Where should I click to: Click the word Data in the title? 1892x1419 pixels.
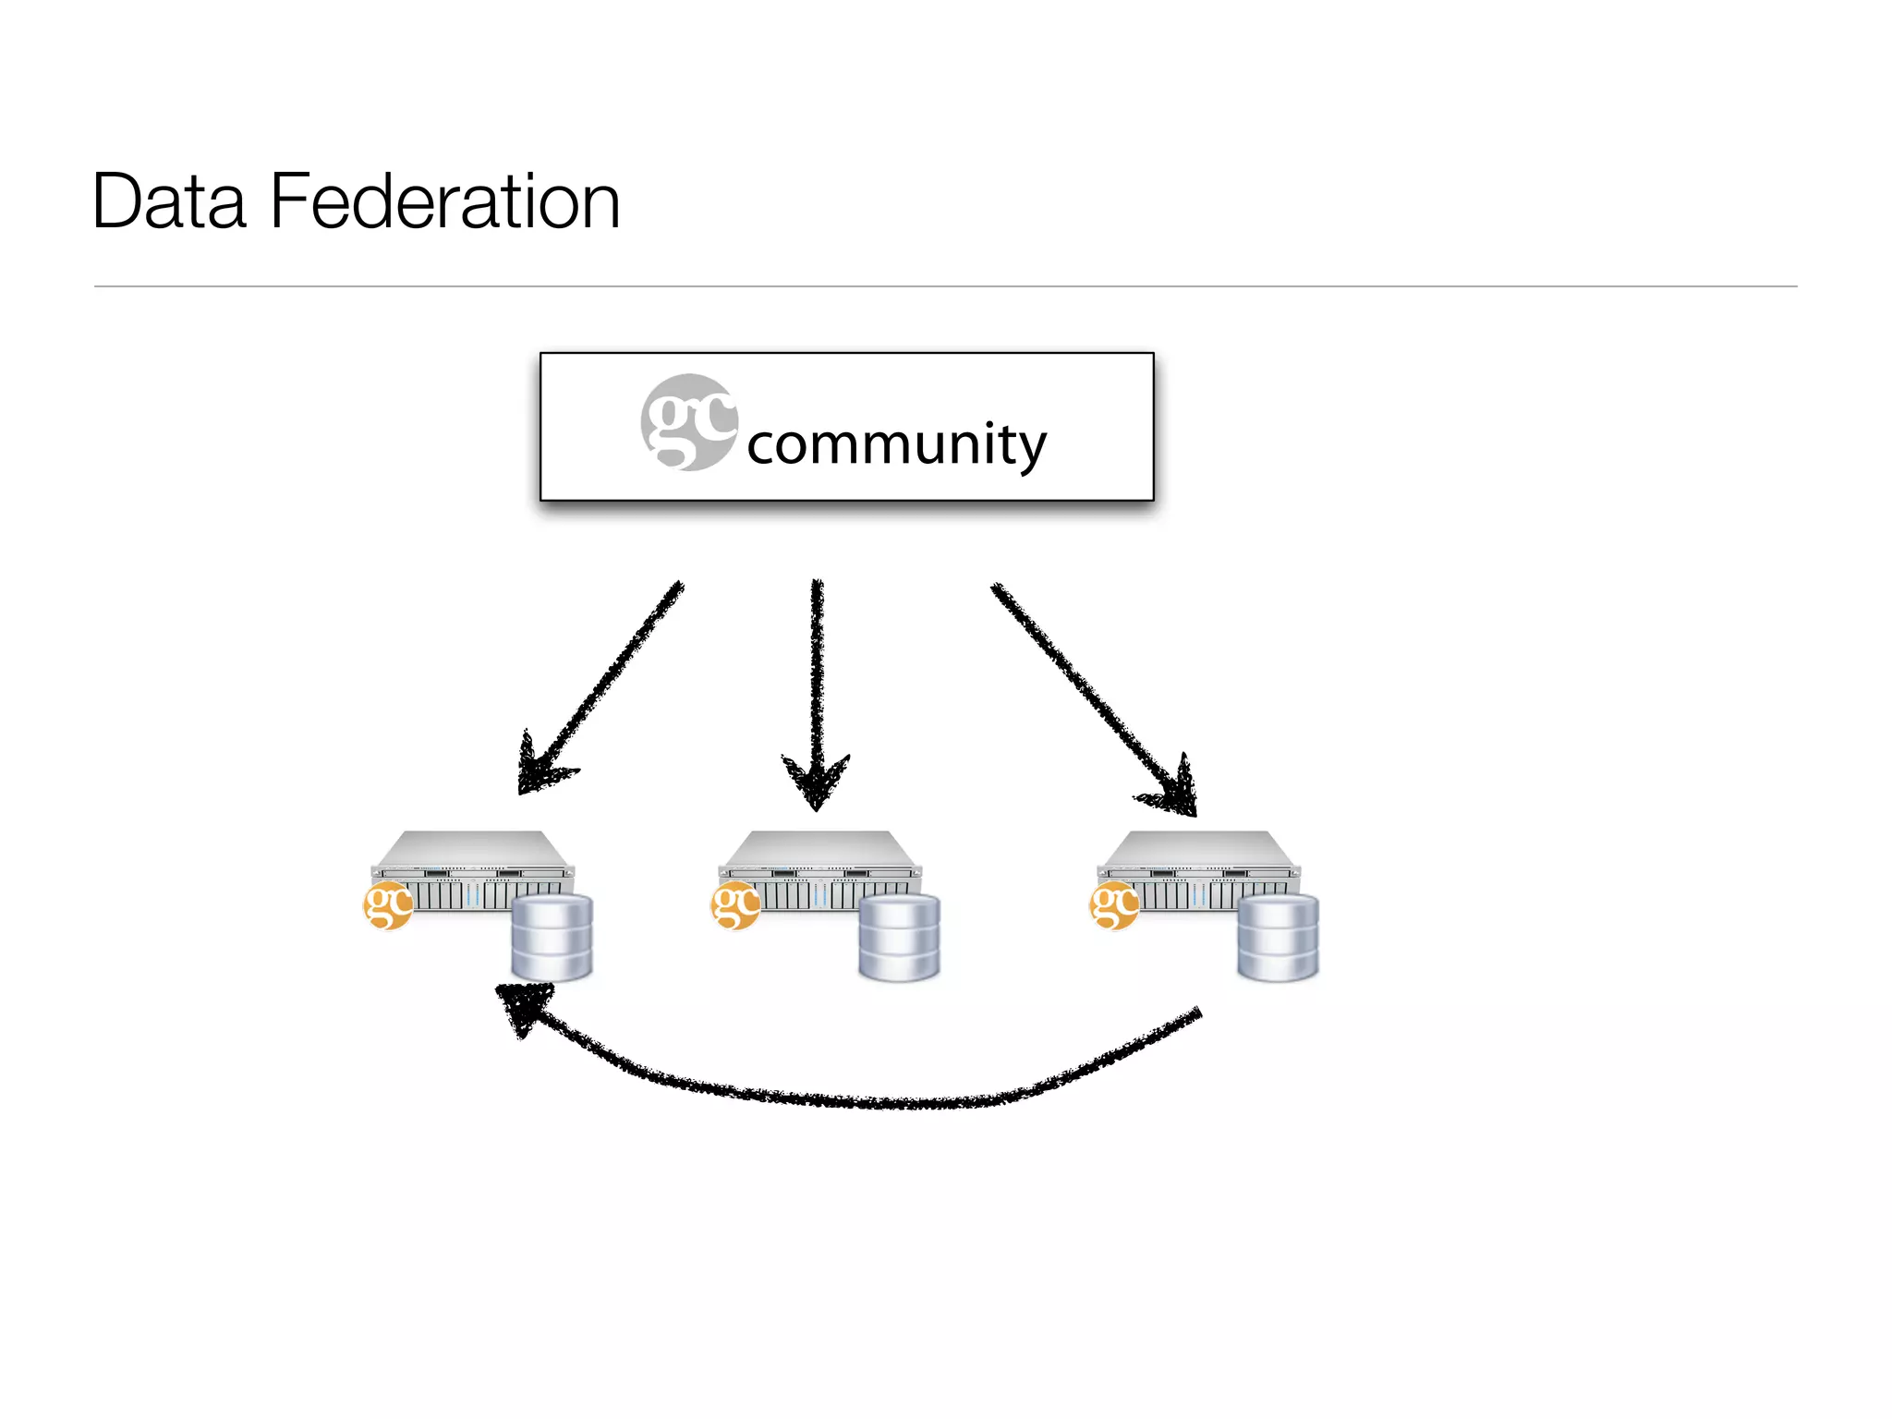coord(169,201)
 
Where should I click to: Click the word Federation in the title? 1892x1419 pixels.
coord(444,201)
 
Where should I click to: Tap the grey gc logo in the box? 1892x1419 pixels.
coord(688,422)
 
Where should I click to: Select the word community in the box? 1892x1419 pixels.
coord(896,444)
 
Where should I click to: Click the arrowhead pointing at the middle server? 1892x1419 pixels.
coord(816,782)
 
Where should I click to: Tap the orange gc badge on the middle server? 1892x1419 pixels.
coord(735,905)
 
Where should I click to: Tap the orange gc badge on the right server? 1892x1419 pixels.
coord(1114,905)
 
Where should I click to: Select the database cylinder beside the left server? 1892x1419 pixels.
coord(552,937)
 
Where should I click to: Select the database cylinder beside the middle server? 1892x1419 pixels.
coord(899,937)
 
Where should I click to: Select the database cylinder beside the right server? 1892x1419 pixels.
coord(1278,937)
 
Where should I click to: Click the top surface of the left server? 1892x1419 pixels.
coord(473,847)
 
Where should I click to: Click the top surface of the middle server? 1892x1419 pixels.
coord(820,847)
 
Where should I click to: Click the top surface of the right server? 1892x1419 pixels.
coord(1199,847)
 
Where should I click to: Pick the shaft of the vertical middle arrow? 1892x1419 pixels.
coord(817,665)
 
